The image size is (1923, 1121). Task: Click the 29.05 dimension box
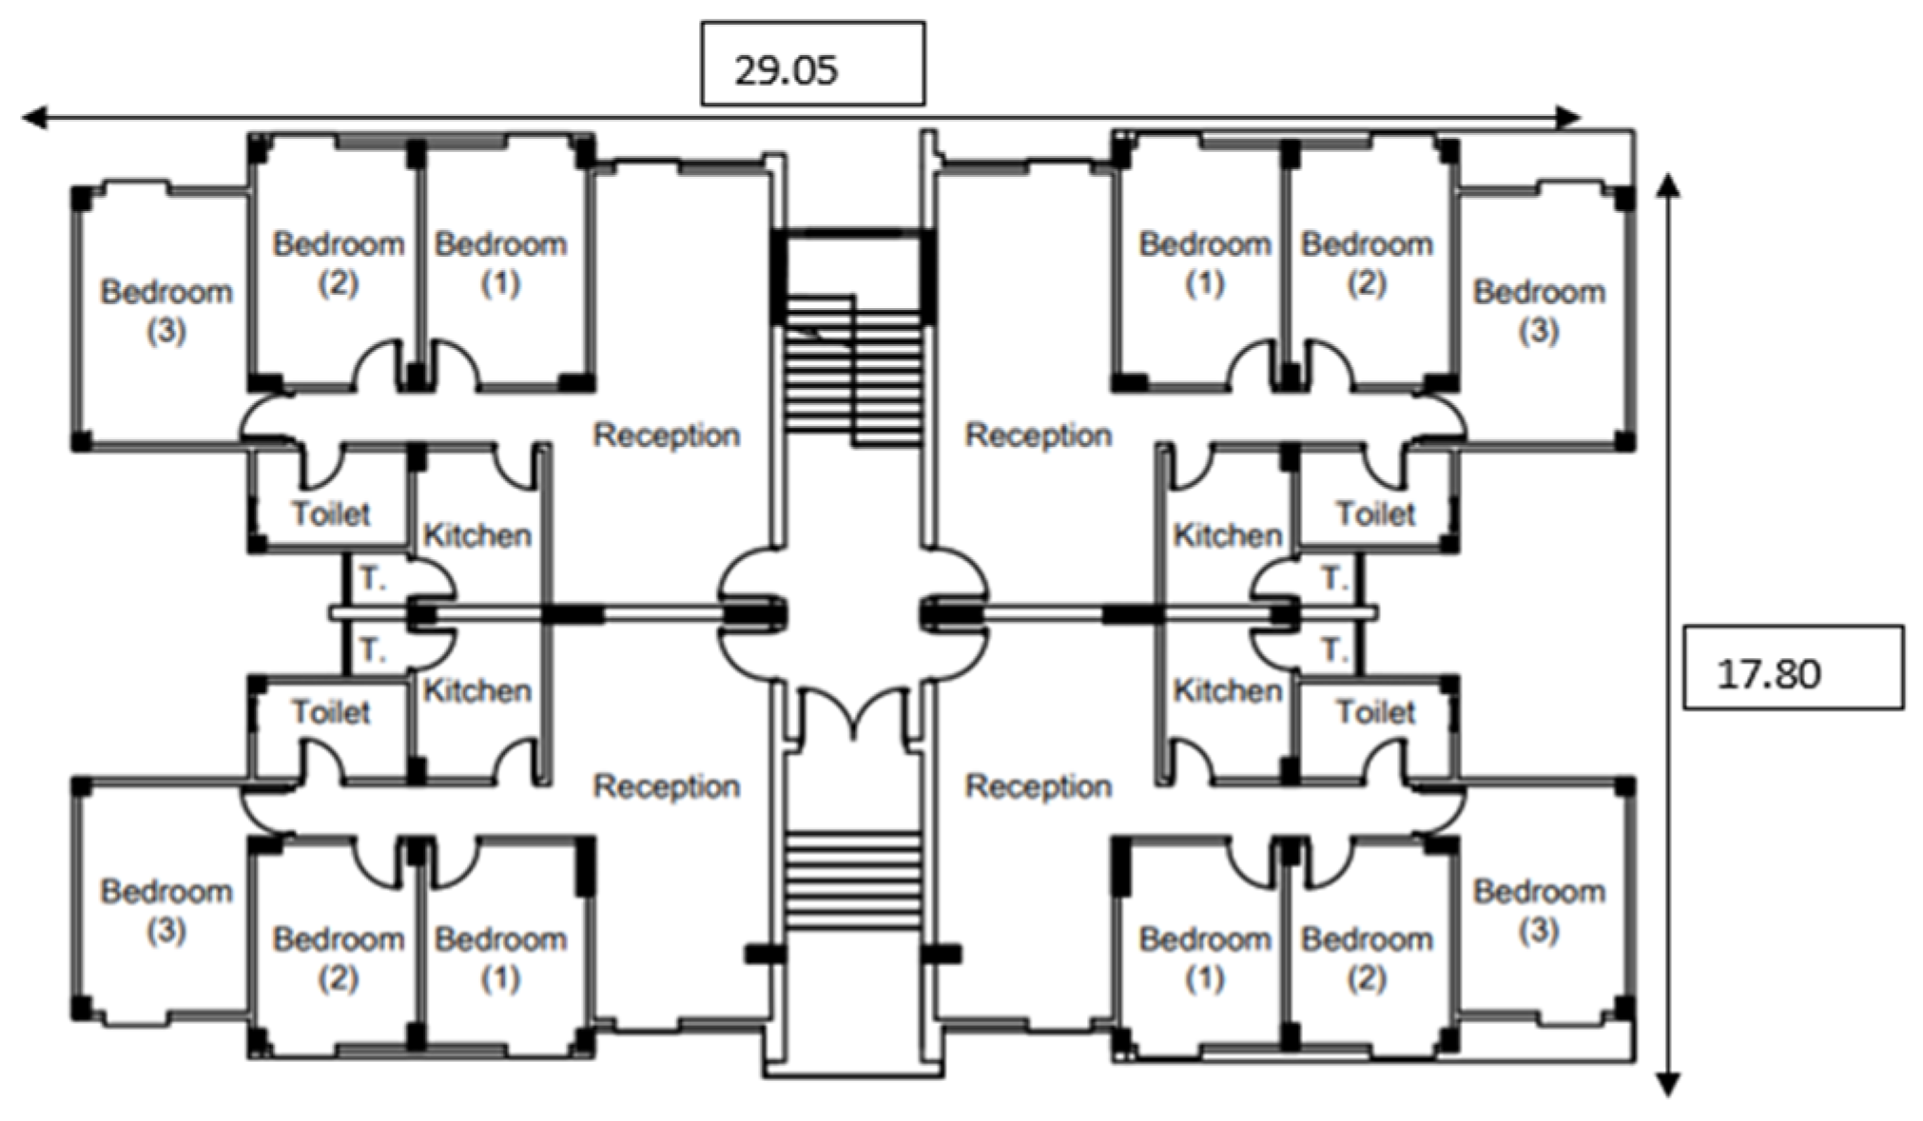(x=812, y=64)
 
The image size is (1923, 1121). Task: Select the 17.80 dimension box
(x=1793, y=667)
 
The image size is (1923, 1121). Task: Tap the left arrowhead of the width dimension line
(x=34, y=118)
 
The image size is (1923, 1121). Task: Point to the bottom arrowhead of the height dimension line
(x=1667, y=1085)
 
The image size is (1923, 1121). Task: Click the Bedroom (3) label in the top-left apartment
(x=166, y=310)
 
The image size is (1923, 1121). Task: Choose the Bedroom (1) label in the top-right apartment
(x=1204, y=262)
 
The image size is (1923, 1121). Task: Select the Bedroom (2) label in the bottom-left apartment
(x=339, y=957)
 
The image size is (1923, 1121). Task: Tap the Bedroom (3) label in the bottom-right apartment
(x=1539, y=910)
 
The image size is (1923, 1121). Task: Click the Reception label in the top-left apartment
(x=666, y=435)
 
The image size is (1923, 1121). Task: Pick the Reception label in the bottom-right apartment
(x=1038, y=786)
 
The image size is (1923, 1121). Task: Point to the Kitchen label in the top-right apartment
(x=1227, y=535)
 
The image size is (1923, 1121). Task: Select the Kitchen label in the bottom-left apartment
(x=476, y=690)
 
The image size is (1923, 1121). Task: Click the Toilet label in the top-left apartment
(x=330, y=513)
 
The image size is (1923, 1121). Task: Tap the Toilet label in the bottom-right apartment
(x=1375, y=711)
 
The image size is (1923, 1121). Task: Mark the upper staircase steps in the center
(x=853, y=376)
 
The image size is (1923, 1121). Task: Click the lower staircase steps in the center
(x=853, y=879)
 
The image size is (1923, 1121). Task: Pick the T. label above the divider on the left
(x=373, y=577)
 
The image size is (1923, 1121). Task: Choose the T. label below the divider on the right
(x=1333, y=650)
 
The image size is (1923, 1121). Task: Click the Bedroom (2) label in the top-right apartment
(x=1367, y=262)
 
